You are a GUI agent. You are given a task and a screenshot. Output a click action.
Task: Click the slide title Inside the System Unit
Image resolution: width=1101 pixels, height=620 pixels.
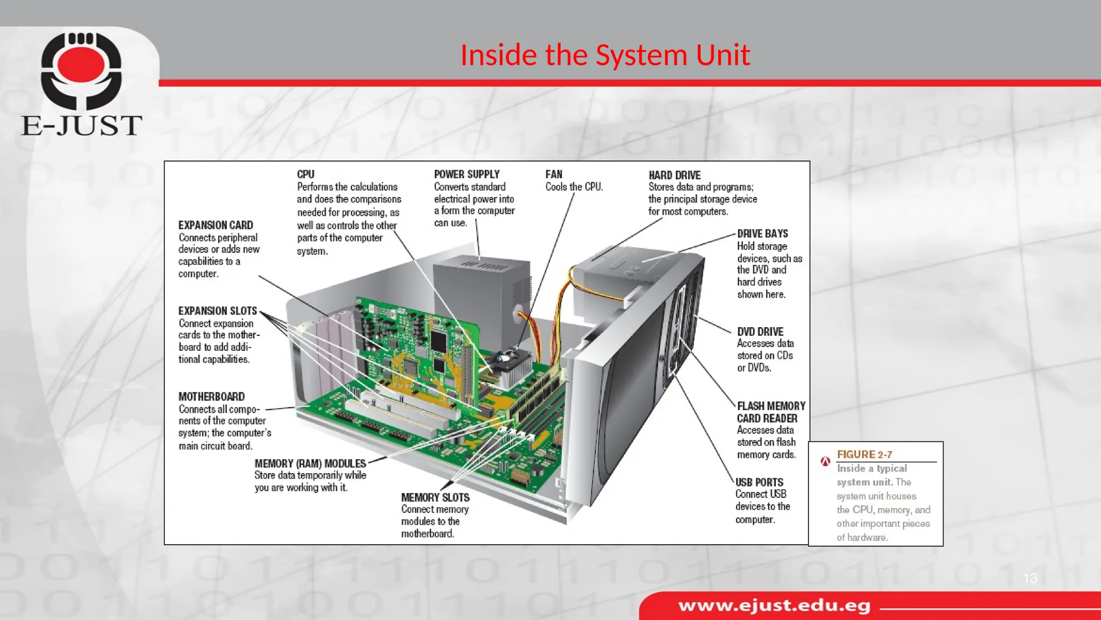(x=605, y=55)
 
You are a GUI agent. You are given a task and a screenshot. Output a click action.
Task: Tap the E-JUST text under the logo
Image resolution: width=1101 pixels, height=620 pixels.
(x=82, y=125)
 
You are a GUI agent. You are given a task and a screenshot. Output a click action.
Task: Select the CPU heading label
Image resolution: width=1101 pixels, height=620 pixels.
(x=305, y=174)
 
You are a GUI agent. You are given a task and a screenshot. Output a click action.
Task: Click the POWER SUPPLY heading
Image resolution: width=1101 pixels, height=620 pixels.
(x=467, y=174)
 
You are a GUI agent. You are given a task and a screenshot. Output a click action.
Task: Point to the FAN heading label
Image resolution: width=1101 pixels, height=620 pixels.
(x=554, y=174)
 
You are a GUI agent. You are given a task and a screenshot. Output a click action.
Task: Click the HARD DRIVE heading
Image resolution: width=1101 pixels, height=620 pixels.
(x=674, y=175)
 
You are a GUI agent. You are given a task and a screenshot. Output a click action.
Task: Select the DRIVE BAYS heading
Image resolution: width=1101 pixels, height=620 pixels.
(x=762, y=234)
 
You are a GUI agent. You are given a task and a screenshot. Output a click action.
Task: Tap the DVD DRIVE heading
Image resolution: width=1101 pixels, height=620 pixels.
(x=760, y=332)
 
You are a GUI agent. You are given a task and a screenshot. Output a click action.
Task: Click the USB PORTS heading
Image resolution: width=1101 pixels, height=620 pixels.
(x=759, y=482)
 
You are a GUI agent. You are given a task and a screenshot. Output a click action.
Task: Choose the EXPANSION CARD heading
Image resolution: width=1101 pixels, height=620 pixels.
(x=216, y=225)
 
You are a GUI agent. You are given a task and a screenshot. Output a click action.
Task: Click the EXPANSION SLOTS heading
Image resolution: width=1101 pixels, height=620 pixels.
(x=218, y=311)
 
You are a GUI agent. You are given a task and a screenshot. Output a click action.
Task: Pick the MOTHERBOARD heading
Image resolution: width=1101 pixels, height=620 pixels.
(x=211, y=397)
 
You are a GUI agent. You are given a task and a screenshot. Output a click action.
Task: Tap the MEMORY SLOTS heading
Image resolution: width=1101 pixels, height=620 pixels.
(x=435, y=497)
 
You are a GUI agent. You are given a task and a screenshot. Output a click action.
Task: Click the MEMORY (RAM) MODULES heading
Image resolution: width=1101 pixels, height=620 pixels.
(x=310, y=463)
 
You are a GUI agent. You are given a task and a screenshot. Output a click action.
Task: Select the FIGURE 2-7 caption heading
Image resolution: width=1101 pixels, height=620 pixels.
(x=864, y=454)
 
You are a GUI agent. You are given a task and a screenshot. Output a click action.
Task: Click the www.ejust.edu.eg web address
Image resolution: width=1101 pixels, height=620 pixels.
(x=774, y=606)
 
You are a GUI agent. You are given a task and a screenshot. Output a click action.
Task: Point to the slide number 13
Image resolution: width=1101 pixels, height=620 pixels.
(x=1029, y=578)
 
